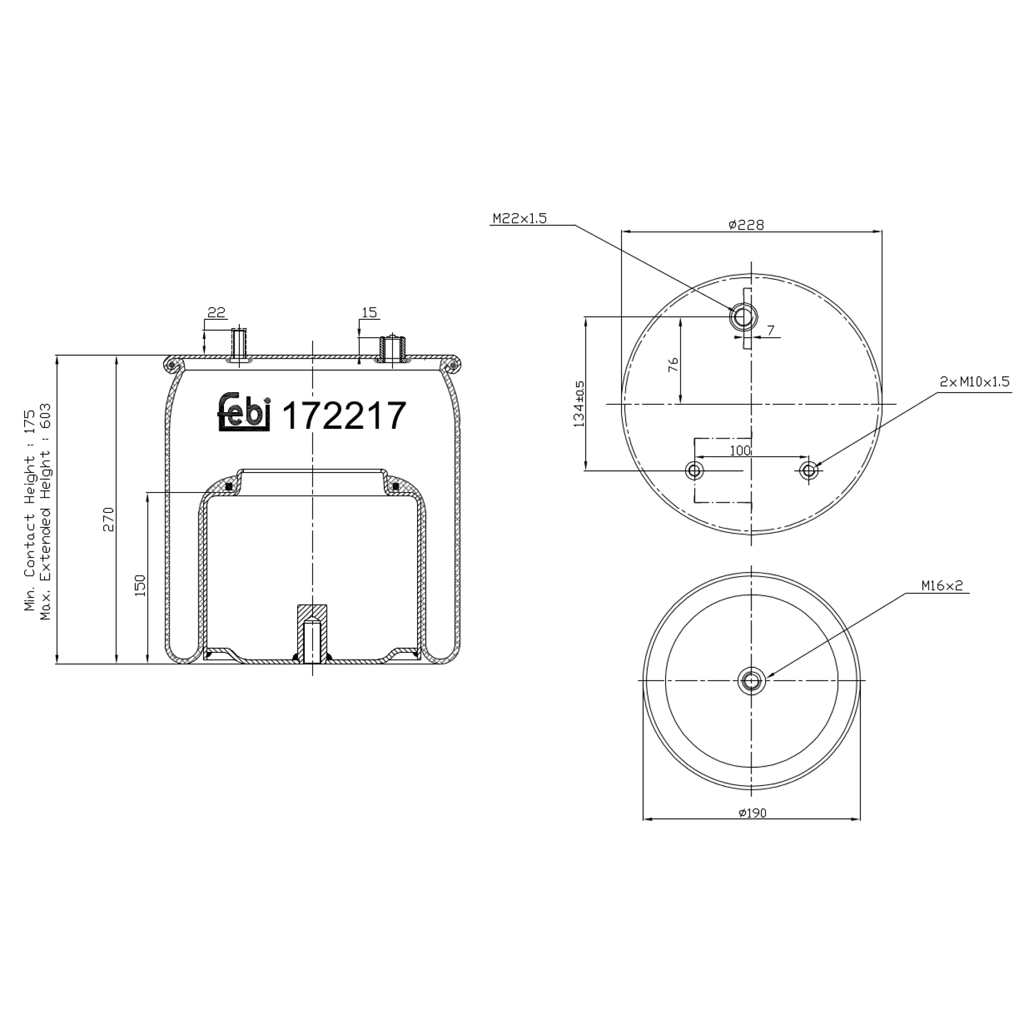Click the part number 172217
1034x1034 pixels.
click(x=344, y=416)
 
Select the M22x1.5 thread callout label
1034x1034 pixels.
click(x=519, y=219)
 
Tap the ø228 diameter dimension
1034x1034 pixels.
click(x=746, y=224)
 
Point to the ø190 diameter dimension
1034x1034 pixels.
click(x=752, y=813)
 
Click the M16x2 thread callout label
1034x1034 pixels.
click(x=942, y=587)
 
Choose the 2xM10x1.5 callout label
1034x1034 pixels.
click(x=975, y=382)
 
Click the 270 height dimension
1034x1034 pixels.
click(x=108, y=519)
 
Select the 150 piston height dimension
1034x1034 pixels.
click(x=140, y=585)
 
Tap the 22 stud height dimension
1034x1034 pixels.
click(x=216, y=313)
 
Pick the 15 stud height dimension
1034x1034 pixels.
click(x=369, y=313)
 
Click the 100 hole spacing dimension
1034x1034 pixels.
click(x=740, y=451)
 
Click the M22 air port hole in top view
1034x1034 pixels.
click(x=743, y=317)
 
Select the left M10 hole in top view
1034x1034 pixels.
click(x=694, y=471)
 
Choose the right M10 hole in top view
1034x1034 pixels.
click(x=809, y=471)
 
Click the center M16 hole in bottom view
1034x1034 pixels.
click(x=751, y=681)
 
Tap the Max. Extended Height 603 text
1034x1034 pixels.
click(x=46, y=511)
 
